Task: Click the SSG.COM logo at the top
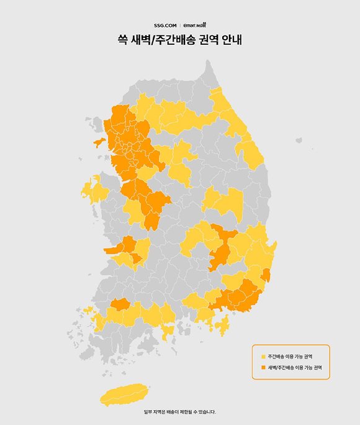(x=165, y=25)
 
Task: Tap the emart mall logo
(x=195, y=25)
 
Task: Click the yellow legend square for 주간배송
(x=263, y=357)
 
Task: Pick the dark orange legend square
(x=263, y=368)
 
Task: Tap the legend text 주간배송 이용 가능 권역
(x=290, y=357)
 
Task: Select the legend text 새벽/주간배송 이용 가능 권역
(x=294, y=368)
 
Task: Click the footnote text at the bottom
(x=180, y=411)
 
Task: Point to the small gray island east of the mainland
(x=299, y=140)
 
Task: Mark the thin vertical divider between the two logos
(x=180, y=25)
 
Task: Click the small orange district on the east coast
(x=266, y=275)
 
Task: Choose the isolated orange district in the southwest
(x=119, y=304)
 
